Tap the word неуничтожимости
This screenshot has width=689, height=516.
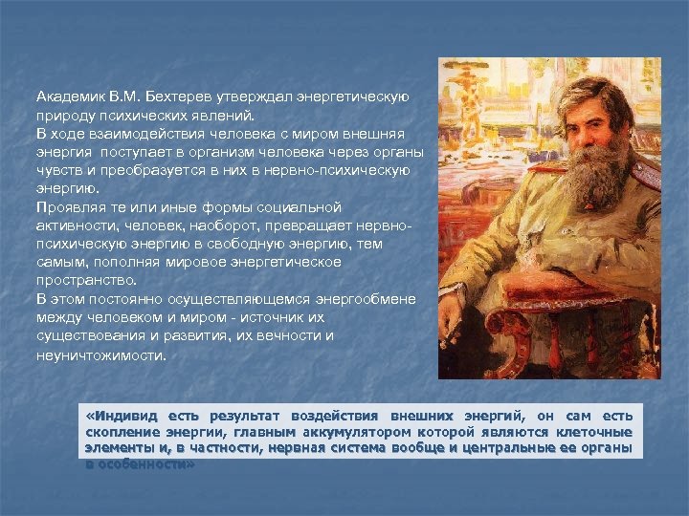100,355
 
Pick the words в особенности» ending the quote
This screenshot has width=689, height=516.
140,463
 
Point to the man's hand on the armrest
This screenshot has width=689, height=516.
478,287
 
